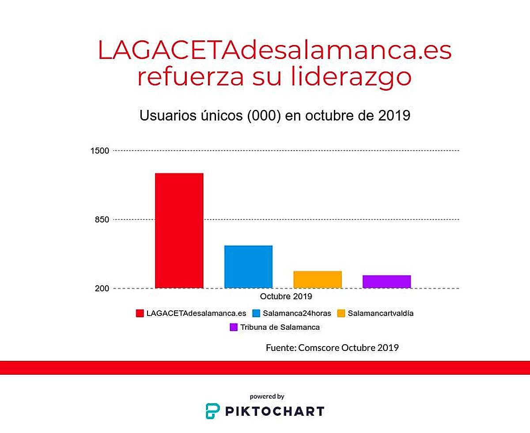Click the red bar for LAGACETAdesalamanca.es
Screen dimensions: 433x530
click(179, 230)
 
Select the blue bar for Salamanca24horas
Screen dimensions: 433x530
click(248, 267)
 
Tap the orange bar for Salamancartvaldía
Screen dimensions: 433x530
click(317, 279)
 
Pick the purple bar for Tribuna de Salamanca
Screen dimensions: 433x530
click(386, 282)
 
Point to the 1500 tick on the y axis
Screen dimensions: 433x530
click(99, 151)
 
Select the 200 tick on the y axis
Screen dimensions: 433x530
click(102, 288)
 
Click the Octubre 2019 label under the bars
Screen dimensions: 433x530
click(286, 296)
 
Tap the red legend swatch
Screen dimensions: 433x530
click(140, 313)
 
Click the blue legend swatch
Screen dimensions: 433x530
click(256, 313)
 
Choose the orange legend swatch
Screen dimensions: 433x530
click(341, 313)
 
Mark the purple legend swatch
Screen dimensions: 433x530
click(234, 328)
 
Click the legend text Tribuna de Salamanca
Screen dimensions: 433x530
click(280, 328)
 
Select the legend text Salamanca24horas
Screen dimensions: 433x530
click(296, 313)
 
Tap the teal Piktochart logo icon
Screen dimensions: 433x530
click(212, 411)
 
